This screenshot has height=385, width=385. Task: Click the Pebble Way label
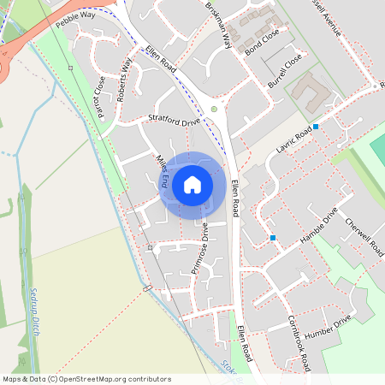[74, 20]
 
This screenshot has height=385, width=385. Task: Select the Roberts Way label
[126, 79]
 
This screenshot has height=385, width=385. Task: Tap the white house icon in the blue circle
[192, 184]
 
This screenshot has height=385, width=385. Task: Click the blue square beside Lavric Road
[316, 127]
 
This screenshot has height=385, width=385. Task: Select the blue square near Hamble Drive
[273, 237]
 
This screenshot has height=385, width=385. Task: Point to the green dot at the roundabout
[214, 109]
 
